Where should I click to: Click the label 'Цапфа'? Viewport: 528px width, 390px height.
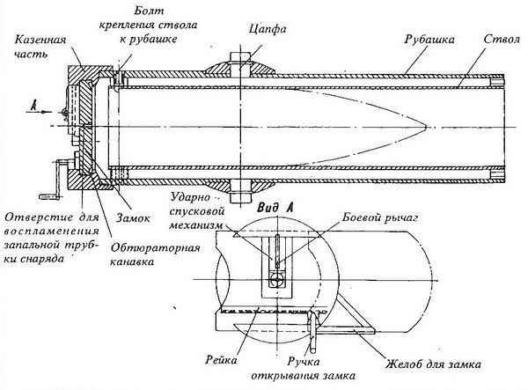click(268, 29)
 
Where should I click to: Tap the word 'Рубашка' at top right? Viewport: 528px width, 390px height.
click(429, 40)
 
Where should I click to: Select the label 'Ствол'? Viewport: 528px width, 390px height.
click(502, 40)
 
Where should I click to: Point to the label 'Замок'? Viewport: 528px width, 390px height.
click(133, 218)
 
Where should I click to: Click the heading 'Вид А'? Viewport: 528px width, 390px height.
click(275, 208)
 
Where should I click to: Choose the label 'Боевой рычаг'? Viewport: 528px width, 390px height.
click(380, 218)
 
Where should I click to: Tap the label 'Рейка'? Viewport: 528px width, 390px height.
click(221, 360)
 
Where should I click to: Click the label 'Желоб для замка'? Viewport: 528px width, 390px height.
click(433, 364)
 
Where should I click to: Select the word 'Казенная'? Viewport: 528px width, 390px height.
click(40, 40)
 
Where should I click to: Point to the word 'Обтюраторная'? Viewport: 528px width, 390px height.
click(155, 248)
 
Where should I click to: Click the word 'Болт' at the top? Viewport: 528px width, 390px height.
click(149, 11)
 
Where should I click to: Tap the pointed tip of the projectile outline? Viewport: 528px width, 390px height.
click(426, 128)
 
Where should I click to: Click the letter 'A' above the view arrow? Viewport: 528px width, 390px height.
click(33, 106)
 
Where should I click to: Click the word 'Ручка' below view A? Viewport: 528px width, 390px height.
click(304, 362)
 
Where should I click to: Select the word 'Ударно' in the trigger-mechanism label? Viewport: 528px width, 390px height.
click(190, 198)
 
